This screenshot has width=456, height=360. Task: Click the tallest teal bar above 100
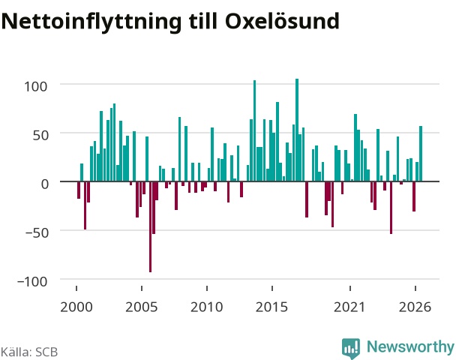(297, 130)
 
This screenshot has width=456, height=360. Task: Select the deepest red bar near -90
(150, 226)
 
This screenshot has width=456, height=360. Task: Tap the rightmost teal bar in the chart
(421, 154)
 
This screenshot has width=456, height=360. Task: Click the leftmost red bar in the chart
(79, 190)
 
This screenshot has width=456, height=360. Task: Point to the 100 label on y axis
(35, 87)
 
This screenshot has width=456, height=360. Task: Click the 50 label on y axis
(40, 135)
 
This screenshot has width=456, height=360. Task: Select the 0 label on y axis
(44, 184)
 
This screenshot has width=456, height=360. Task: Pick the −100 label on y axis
(32, 281)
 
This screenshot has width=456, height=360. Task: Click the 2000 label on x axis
(76, 307)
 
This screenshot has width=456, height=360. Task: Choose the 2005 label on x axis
(142, 307)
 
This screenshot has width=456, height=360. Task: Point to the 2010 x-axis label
(207, 307)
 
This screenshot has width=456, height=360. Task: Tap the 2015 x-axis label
(272, 307)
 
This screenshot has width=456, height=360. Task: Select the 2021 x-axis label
(349, 307)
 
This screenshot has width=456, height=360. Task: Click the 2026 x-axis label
(415, 307)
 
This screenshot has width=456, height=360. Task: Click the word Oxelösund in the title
(283, 21)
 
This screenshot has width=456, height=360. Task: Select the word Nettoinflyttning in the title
(91, 22)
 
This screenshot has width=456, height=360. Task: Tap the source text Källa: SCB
(29, 352)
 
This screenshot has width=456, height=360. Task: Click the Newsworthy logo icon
(351, 348)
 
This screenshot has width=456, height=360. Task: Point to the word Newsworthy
(410, 347)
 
